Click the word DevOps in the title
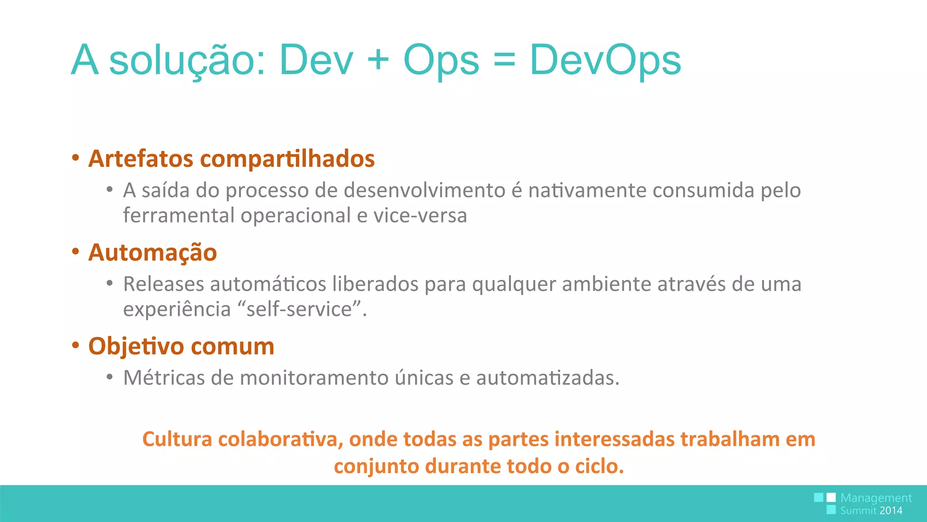coord(605,60)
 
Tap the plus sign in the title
coord(378,60)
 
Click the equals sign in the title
coord(504,60)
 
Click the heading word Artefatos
coord(141,159)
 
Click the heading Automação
coord(153,252)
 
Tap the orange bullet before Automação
coord(76,251)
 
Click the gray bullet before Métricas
coord(110,377)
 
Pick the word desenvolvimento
coord(425,190)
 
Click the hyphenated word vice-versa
coord(420,216)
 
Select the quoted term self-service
coord(299,309)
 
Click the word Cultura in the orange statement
coord(177,440)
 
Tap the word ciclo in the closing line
coord(598,466)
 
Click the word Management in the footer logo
coord(875,498)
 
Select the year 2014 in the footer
coord(891,511)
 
